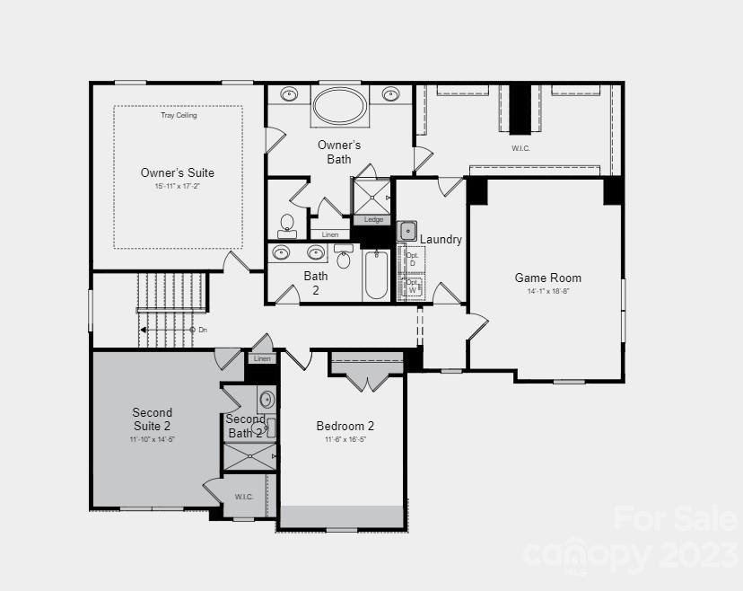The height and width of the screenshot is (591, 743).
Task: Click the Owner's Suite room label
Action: [178, 172]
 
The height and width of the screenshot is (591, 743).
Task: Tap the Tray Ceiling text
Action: [179, 115]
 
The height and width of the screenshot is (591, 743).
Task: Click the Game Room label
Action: [547, 278]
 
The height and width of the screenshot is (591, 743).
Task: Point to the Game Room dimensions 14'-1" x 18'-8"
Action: [547, 291]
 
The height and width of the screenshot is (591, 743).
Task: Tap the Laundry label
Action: [441, 240]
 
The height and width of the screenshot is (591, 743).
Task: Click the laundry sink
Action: [408, 230]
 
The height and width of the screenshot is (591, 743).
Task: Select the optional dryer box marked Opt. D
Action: [412, 259]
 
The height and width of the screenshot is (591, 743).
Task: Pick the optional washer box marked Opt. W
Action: [412, 286]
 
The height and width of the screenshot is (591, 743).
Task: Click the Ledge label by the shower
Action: [373, 220]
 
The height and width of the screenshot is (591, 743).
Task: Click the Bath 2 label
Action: [316, 283]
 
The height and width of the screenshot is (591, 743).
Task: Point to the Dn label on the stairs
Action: [203, 330]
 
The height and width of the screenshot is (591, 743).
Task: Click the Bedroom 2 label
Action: [345, 426]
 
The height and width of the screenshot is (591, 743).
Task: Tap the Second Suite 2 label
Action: [153, 419]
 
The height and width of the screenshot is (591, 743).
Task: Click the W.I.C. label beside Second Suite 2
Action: [244, 497]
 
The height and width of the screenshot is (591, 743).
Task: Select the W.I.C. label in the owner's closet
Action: [520, 147]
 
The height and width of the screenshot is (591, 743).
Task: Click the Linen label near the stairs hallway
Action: [262, 358]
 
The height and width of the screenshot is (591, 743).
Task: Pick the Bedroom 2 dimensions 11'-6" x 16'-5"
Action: [345, 440]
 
